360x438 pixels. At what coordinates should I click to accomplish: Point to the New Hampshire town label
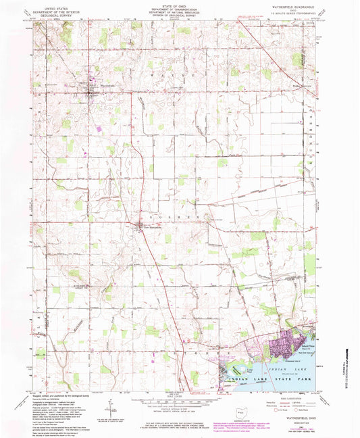[150, 227]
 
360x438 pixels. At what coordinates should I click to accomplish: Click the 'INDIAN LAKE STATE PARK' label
[272, 385]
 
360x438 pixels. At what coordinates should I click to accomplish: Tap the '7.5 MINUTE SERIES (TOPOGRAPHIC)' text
[296, 16]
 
